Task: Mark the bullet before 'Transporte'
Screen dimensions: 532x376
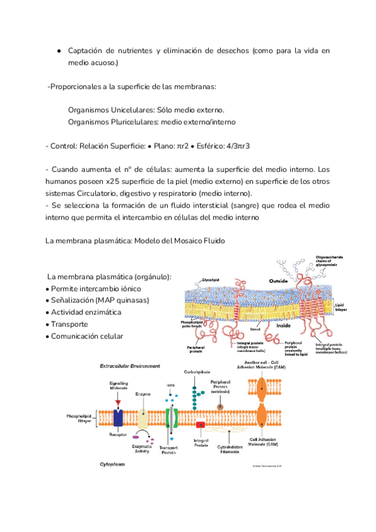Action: (48, 324)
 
